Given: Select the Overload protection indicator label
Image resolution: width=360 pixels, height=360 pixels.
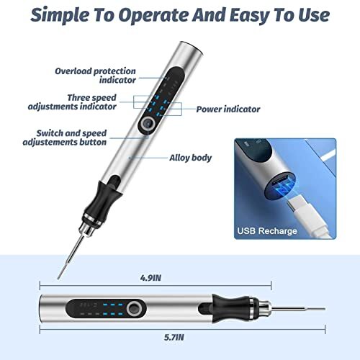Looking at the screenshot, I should point(95,76).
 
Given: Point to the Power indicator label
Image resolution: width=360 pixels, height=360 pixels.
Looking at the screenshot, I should point(229,109).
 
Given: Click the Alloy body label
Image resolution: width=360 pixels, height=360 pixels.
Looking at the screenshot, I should point(190,158).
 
